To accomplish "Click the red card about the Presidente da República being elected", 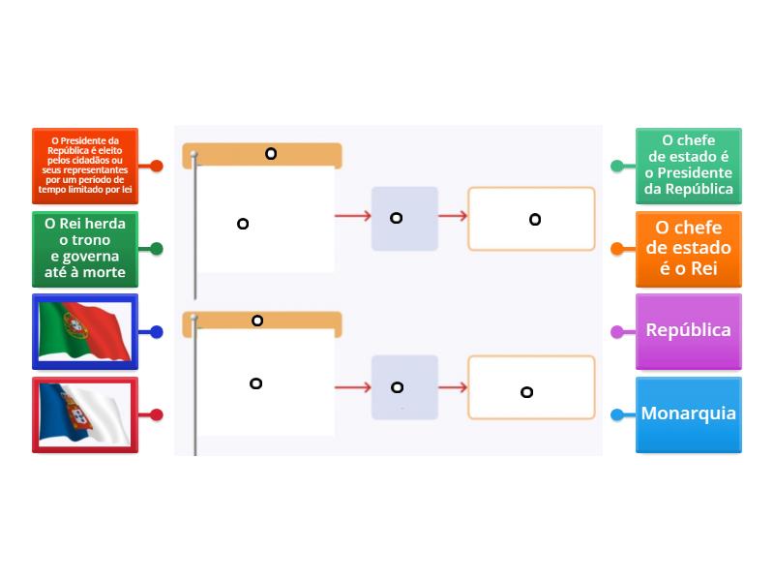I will point(85,166).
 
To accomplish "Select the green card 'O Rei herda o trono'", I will point(85,249).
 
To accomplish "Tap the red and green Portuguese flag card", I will point(85,331).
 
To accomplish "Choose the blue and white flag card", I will point(85,414).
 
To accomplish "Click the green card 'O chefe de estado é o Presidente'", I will point(689,166).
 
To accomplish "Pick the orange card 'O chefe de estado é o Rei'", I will point(689,249).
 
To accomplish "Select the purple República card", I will point(689,331).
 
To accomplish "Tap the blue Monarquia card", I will point(689,414).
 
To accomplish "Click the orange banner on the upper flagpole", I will point(263,155).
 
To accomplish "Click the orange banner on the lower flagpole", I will point(263,321).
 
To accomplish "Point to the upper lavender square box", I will point(404,218).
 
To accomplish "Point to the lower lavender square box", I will point(404,387).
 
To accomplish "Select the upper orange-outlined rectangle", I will point(531,219).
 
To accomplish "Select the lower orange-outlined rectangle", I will point(531,387).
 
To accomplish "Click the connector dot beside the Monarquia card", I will point(617,415).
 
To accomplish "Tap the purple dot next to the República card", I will point(617,332).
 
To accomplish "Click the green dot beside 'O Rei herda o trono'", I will point(157,249).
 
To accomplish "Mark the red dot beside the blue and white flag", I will point(157,415).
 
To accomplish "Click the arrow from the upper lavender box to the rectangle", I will point(453,217).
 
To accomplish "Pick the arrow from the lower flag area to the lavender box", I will point(354,387).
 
